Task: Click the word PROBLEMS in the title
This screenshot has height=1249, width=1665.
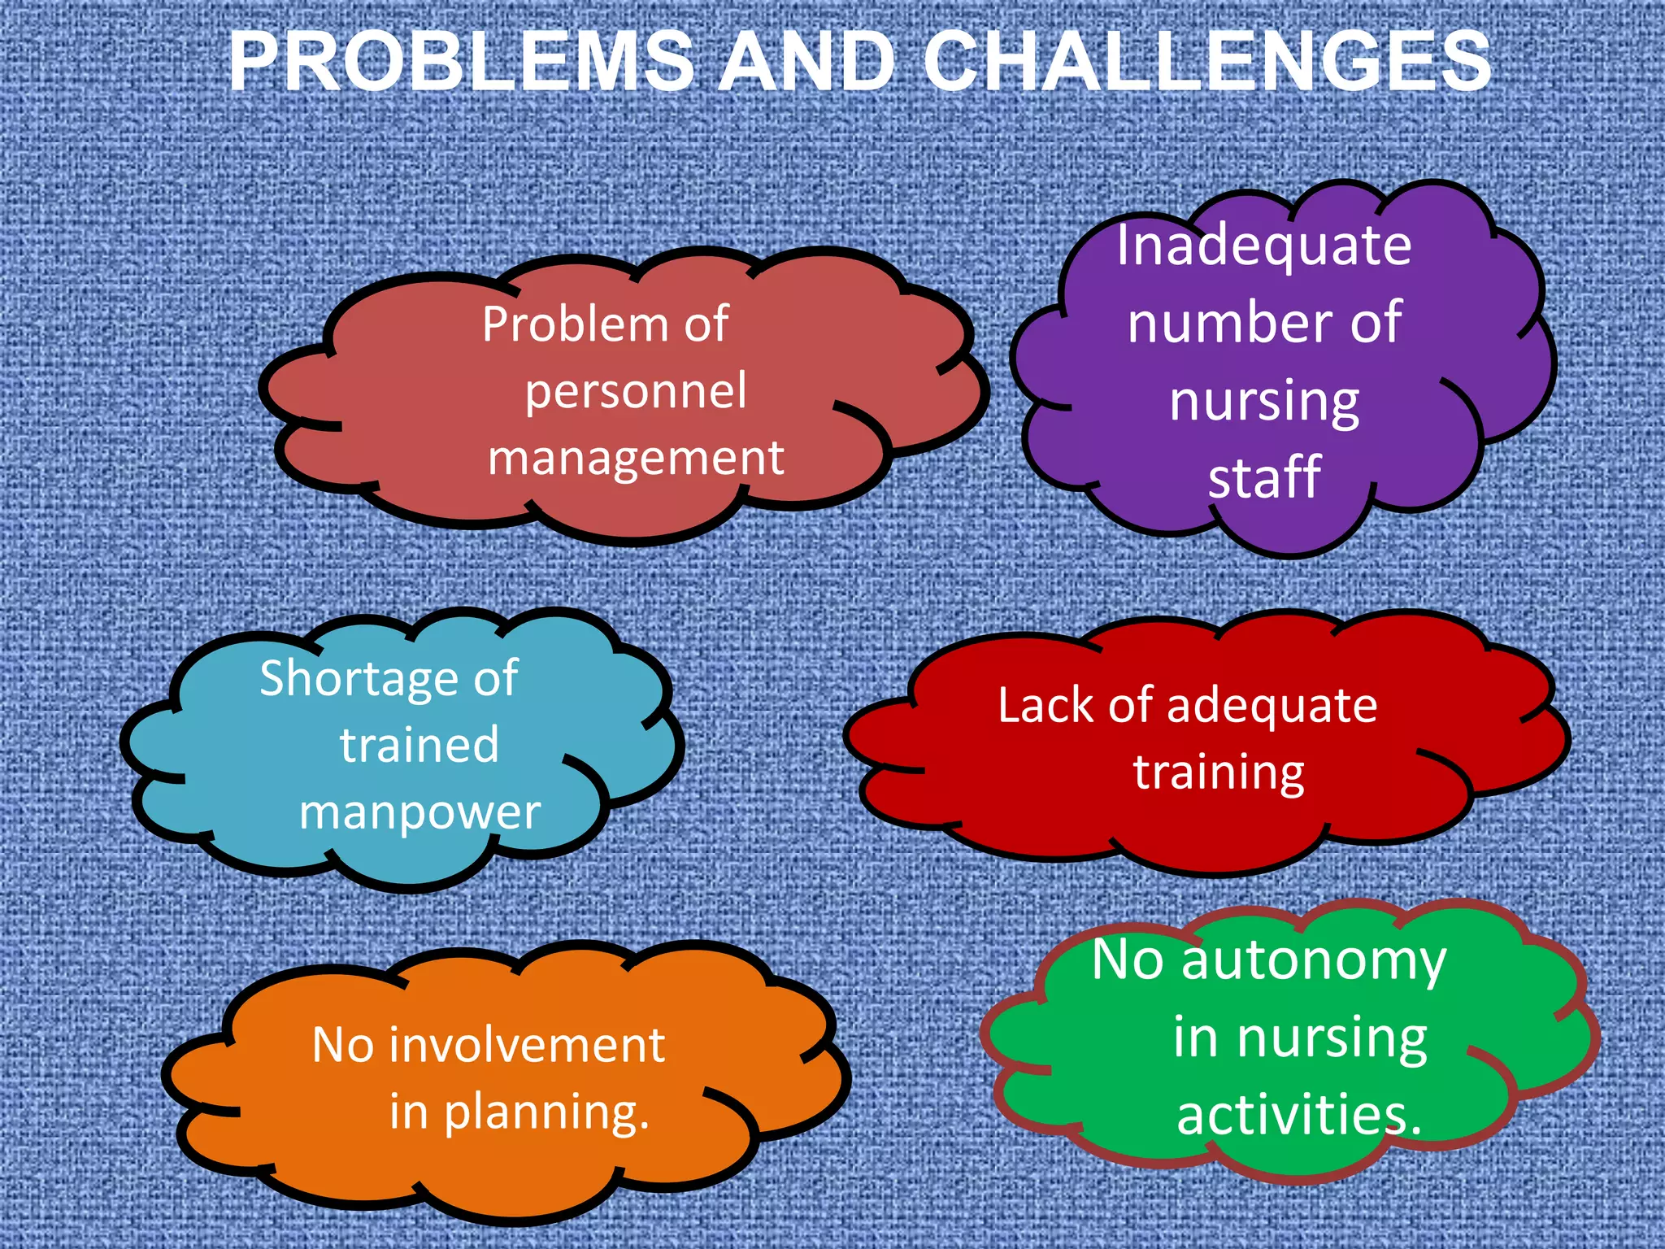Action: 461,62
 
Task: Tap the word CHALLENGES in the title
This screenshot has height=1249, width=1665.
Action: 1207,62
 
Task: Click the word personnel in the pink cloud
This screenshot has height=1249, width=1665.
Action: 635,391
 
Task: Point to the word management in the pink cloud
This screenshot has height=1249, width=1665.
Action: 635,458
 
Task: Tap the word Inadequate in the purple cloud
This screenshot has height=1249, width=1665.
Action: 1263,245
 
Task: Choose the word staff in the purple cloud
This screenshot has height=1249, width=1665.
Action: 1263,477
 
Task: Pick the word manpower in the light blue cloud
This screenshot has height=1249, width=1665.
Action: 420,812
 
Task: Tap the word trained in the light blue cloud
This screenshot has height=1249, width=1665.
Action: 419,745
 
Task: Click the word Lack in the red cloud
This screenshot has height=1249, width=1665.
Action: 1046,705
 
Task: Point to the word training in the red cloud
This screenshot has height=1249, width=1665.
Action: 1219,772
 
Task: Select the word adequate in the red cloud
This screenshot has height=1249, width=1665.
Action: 1272,705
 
